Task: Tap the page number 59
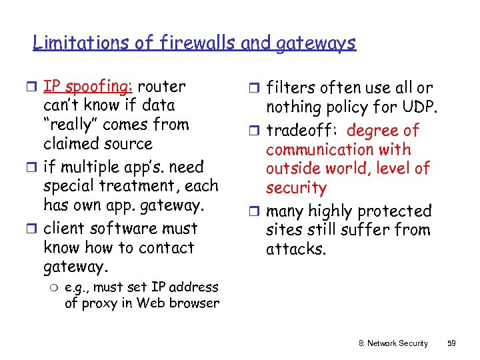[x=451, y=343]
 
